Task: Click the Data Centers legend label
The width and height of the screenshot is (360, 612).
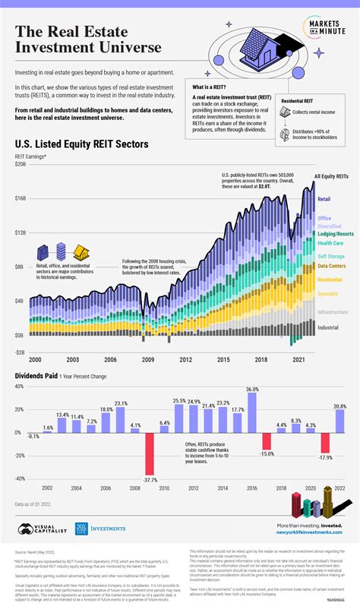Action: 333,266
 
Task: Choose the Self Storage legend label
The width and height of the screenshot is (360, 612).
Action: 332,257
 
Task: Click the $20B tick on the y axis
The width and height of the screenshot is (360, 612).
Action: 20,163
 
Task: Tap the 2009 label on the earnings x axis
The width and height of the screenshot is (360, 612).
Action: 148,359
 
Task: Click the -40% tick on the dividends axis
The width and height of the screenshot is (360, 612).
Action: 19,479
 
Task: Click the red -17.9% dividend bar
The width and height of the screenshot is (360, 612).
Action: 325,442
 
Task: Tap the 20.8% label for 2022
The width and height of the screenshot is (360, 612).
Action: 339,406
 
